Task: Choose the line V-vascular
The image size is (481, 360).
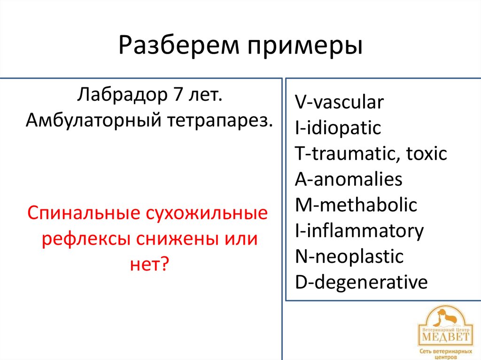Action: [339, 102]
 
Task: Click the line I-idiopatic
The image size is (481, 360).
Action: [338, 128]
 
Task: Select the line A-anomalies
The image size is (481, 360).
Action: [349, 180]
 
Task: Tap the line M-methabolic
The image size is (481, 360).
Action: [356, 205]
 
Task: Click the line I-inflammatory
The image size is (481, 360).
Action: [359, 231]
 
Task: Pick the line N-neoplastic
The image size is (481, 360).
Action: [349, 257]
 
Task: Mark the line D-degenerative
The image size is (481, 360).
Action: [361, 283]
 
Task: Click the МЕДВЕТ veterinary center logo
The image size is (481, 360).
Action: [444, 331]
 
